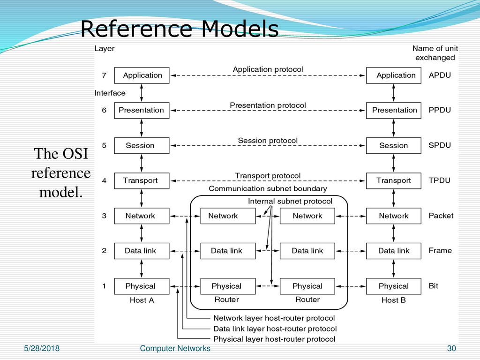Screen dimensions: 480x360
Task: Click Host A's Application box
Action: pos(142,75)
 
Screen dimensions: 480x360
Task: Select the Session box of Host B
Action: pos(394,145)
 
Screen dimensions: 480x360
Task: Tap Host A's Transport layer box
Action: pos(142,180)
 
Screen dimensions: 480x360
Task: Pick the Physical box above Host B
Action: pos(394,286)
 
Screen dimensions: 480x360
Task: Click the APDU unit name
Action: pos(440,75)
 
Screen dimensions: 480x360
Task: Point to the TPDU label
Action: pos(439,180)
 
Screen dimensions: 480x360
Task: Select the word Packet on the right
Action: pos(441,216)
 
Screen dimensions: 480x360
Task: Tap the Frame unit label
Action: pos(440,250)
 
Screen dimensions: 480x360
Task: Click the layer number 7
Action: pos(104,75)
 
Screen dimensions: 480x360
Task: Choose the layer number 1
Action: pos(104,286)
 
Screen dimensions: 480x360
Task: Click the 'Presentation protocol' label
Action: pos(268,105)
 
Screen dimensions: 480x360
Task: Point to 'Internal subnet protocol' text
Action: pos(290,201)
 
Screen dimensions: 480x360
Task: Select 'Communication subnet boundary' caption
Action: pos(268,188)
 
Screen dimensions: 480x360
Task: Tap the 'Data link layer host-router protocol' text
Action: pos(275,329)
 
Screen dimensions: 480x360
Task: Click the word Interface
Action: pos(110,93)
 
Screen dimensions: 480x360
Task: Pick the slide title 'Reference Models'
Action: pos(180,29)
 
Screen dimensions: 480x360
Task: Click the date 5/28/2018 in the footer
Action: pos(42,348)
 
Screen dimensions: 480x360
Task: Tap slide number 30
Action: pos(451,348)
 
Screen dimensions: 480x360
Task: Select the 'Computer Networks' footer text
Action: pos(175,348)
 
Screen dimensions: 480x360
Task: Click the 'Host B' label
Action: pos(394,300)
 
